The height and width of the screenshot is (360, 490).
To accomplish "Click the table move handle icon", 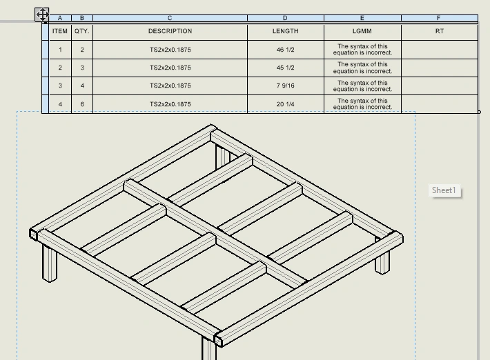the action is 42,14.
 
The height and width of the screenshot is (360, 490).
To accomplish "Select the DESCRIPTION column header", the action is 170,31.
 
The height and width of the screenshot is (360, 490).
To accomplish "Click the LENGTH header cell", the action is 285,31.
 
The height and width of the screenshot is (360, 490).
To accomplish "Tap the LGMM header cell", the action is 362,31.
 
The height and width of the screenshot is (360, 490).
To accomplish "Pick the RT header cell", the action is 440,31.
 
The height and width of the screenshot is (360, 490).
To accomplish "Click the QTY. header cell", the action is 82,31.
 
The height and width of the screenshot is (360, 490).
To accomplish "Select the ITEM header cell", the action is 60,31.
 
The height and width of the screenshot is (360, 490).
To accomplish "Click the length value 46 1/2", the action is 285,50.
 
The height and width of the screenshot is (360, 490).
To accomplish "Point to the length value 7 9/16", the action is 285,86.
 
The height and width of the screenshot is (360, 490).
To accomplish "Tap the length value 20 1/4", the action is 285,104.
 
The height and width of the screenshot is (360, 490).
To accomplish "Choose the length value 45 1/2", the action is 285,68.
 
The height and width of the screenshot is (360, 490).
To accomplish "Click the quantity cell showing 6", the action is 82,104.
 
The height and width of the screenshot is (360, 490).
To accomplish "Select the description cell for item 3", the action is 170,86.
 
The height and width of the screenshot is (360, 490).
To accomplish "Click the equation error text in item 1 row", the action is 362,50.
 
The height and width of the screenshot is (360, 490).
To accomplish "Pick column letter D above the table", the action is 285,18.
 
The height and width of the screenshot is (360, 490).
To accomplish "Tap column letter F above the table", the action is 439,18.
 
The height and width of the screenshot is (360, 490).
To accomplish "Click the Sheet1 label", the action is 444,190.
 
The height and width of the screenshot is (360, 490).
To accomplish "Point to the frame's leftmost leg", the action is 50,264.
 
